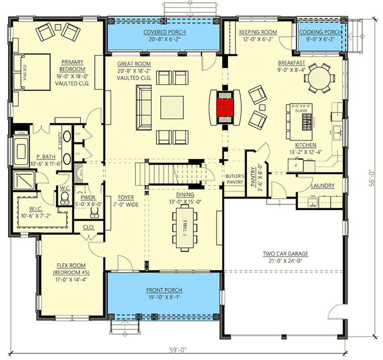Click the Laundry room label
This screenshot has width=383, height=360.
[x=322, y=185]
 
